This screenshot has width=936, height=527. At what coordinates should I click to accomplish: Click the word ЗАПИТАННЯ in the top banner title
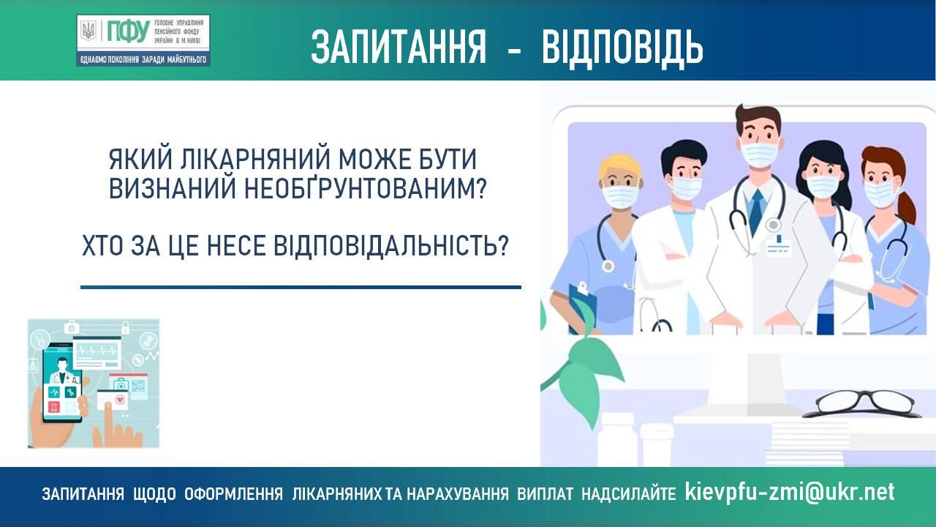(x=399, y=47)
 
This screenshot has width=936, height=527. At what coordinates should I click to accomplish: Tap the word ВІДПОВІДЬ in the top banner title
(x=622, y=47)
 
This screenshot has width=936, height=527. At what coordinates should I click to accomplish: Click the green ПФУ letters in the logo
(x=128, y=31)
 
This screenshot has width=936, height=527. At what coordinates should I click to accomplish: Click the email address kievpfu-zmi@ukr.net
(x=790, y=492)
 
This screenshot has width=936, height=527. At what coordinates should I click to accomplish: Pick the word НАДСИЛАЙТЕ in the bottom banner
(x=628, y=494)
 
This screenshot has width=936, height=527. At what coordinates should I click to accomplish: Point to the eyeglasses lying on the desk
(x=861, y=403)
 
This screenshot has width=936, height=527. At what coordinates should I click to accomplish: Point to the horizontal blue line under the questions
(x=301, y=287)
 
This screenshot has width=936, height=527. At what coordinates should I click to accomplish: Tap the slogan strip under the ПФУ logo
(x=143, y=59)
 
